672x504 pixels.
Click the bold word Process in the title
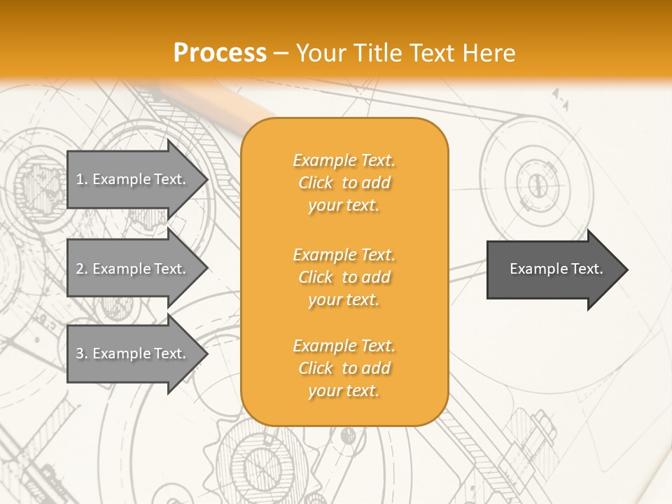tap(220, 53)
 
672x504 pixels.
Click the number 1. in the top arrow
tap(82, 179)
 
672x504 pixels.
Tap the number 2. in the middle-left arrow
tap(82, 269)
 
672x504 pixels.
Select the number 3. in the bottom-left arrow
tap(82, 353)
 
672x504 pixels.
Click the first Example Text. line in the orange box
tap(344, 160)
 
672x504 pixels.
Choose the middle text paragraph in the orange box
tap(344, 277)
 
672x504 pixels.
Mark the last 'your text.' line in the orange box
tap(344, 391)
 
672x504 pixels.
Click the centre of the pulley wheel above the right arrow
tap(537, 184)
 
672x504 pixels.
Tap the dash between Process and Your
tap(281, 53)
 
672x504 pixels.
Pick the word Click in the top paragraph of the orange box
tap(316, 183)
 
